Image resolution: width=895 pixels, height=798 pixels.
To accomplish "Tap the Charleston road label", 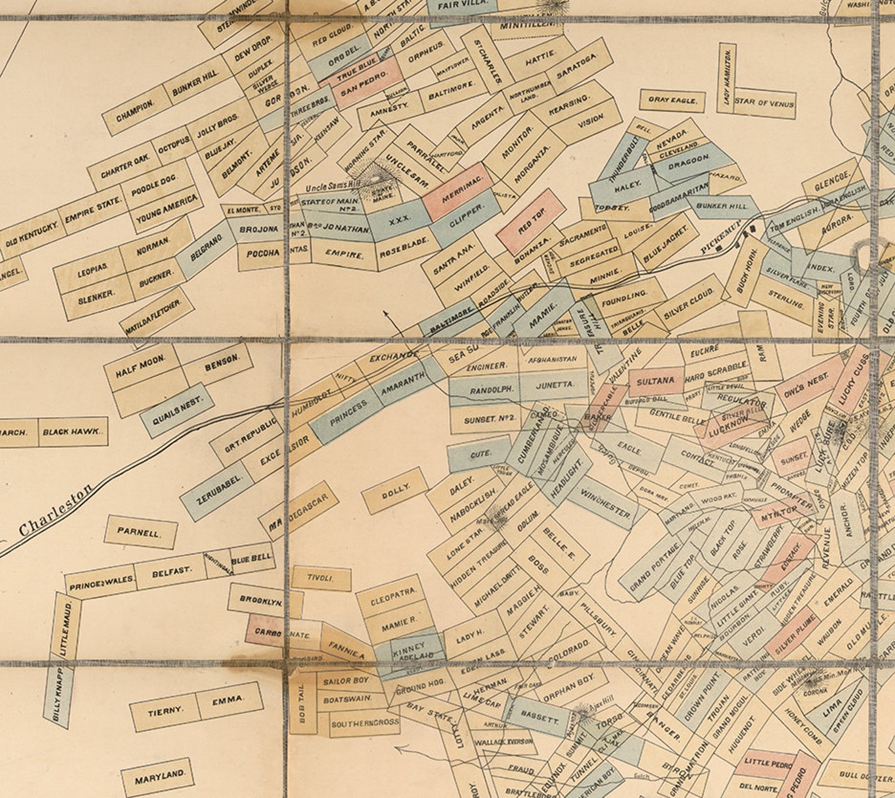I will [x=55, y=510].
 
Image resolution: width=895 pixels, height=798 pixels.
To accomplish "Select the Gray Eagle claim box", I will [x=672, y=100].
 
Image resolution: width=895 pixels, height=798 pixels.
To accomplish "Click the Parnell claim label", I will [x=141, y=532].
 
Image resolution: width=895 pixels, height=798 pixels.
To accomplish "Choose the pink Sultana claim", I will [x=655, y=381].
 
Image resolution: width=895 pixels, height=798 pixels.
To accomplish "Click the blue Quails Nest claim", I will [x=177, y=409].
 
